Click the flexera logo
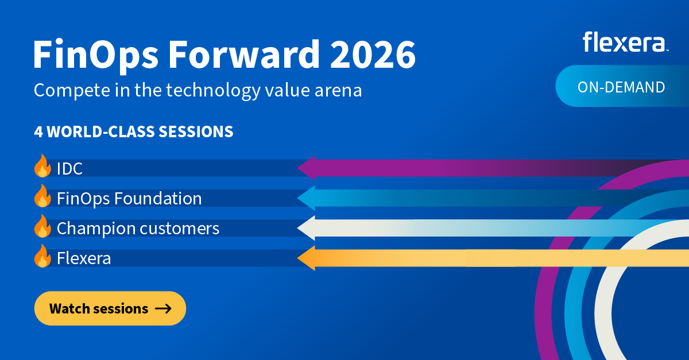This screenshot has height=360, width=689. pyautogui.click(x=625, y=41)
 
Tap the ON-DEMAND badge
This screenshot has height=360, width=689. pyautogui.click(x=622, y=86)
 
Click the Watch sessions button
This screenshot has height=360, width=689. pyautogui.click(x=110, y=308)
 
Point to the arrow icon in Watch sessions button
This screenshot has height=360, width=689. pyautogui.click(x=163, y=309)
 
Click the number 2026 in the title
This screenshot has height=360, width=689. pyautogui.click(x=373, y=54)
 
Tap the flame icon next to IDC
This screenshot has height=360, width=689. pyautogui.click(x=42, y=166)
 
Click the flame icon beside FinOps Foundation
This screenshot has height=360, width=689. pyautogui.click(x=42, y=196)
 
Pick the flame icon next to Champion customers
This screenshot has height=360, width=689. pyautogui.click(x=42, y=226)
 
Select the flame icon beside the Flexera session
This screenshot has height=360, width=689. pyautogui.click(x=42, y=256)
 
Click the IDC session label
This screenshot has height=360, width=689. pyautogui.click(x=69, y=168)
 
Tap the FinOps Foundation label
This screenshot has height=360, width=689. pyautogui.click(x=129, y=199)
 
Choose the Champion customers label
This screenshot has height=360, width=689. pyautogui.click(x=138, y=229)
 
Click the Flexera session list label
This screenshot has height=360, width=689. pyautogui.click(x=84, y=258)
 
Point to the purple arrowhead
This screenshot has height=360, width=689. pyautogui.click(x=307, y=168)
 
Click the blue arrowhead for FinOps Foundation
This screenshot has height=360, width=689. pyautogui.click(x=307, y=198)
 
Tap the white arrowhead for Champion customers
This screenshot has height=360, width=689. pyautogui.click(x=307, y=228)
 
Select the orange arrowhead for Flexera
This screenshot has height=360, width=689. pyautogui.click(x=307, y=258)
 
